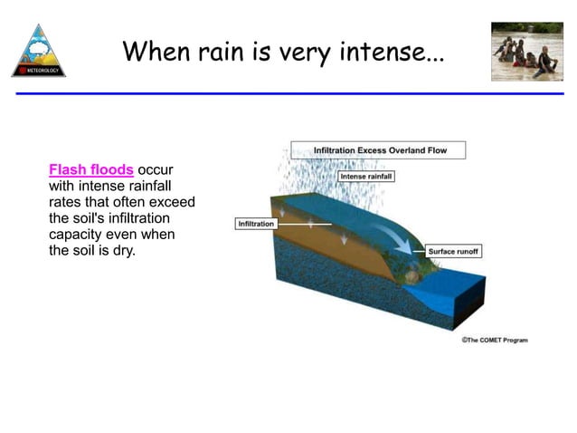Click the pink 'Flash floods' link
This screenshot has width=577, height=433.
(91, 169)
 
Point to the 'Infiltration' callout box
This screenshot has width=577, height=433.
(255, 223)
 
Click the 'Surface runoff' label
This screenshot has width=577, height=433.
(454, 251)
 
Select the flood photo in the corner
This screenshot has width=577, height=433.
(526, 52)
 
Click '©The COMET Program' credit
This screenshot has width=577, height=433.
(494, 340)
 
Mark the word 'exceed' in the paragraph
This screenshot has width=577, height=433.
(173, 202)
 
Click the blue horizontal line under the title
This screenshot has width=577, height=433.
(288, 93)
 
